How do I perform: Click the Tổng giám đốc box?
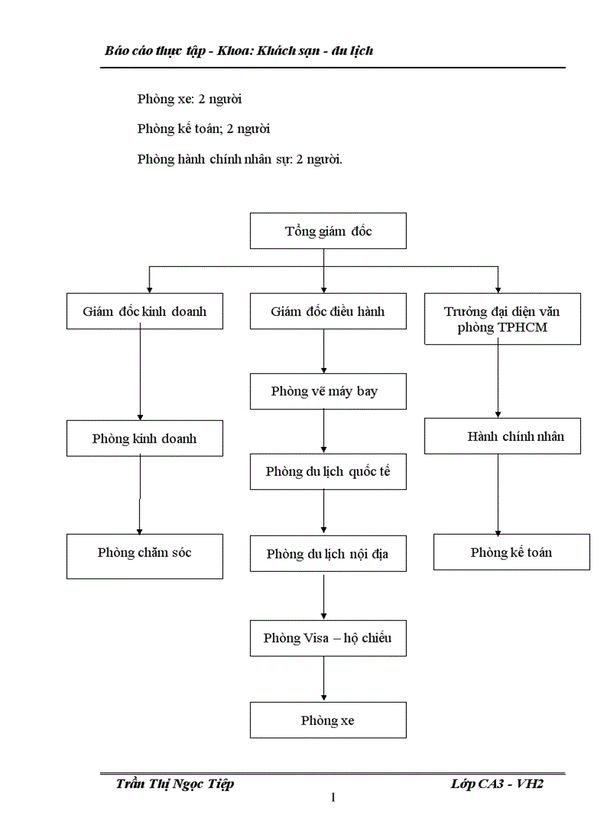click(x=328, y=230)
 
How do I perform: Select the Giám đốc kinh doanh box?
click(x=144, y=312)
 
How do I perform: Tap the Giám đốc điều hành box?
click(x=328, y=312)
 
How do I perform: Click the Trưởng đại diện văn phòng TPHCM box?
click(x=502, y=319)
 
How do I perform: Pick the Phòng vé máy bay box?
click(x=328, y=391)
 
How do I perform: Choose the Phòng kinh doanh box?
click(x=144, y=438)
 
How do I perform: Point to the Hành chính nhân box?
click(x=502, y=436)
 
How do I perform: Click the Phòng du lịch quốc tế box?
click(x=328, y=471)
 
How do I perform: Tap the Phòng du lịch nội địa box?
click(x=328, y=554)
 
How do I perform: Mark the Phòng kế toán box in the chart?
click(x=511, y=552)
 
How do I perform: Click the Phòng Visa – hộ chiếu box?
click(x=328, y=638)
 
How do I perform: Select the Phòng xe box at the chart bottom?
click(x=328, y=720)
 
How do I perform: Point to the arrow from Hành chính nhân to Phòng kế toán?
click(x=498, y=494)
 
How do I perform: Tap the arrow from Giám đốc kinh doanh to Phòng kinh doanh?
click(x=141, y=375)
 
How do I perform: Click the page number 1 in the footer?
click(x=333, y=798)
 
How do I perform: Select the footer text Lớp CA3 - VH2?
click(x=497, y=784)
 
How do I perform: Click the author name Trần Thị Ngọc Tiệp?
click(x=175, y=784)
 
